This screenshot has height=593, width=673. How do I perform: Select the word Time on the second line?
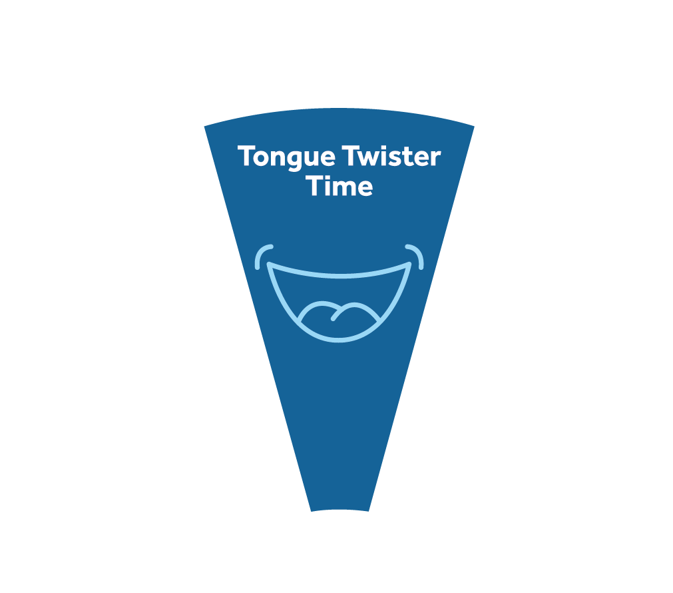[x=339, y=186]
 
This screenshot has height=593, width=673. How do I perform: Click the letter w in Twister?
[x=373, y=158]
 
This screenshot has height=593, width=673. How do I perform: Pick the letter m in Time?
[x=343, y=189]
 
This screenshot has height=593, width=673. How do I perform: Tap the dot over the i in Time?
[x=324, y=176]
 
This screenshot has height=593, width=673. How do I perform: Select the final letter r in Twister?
[x=435, y=158]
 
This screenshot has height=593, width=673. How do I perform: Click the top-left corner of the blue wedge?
[x=204, y=127]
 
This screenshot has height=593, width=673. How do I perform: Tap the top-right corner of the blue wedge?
[x=474, y=126]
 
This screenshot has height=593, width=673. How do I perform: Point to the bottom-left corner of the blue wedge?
[x=311, y=511]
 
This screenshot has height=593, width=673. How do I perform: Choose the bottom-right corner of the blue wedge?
[x=369, y=511]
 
